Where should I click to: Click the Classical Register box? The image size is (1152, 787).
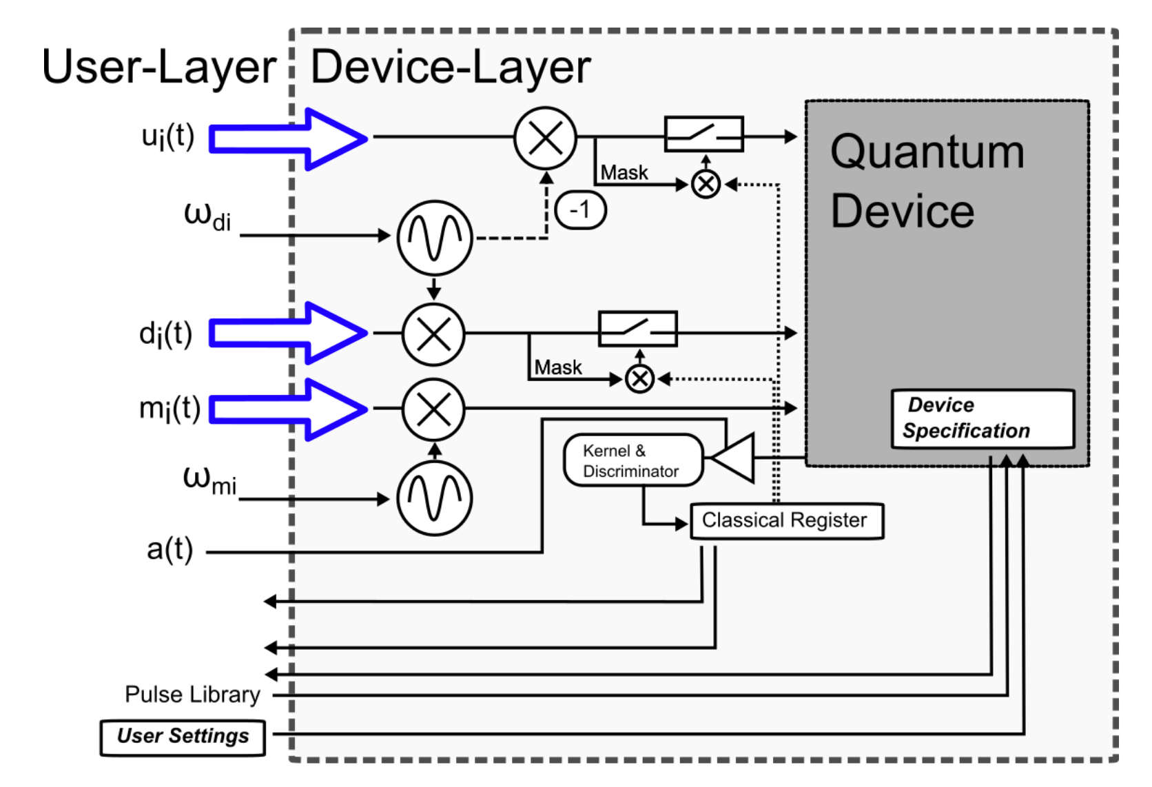[786, 520]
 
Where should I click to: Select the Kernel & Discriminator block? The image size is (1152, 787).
[632, 460]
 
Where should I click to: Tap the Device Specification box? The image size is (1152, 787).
[982, 418]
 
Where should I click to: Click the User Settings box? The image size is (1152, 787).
[183, 737]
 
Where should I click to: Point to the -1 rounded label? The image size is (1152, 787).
[580, 209]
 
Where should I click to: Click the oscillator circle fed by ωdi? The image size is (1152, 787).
[434, 238]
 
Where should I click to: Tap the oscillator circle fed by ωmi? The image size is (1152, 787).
[434, 498]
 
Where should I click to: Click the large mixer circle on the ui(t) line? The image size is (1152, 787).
[545, 138]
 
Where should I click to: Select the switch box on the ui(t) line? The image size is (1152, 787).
[703, 134]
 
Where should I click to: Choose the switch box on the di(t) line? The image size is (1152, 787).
[637, 329]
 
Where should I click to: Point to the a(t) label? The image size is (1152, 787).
[169, 550]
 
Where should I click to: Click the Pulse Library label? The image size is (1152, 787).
[192, 695]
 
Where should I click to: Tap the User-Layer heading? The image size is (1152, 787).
[158, 68]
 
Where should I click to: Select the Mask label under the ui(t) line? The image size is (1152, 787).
[624, 173]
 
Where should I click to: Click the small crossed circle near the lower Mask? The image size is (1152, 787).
[639, 378]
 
